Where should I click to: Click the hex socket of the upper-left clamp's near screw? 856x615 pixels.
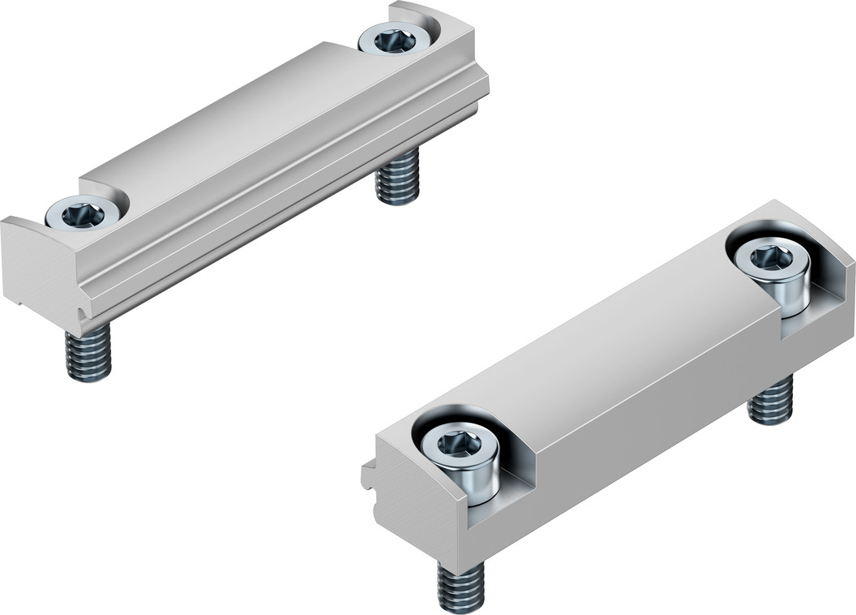(x=85, y=215)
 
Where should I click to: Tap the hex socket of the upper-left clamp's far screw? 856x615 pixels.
(x=395, y=40)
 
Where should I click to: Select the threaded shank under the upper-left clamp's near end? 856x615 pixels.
(x=88, y=355)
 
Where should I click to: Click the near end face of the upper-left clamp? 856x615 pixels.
(x=36, y=264)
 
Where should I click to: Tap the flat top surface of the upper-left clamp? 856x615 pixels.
(x=243, y=114)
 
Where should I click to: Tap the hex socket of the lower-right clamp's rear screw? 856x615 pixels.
(x=771, y=258)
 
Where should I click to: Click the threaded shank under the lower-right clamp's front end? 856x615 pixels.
(x=460, y=587)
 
